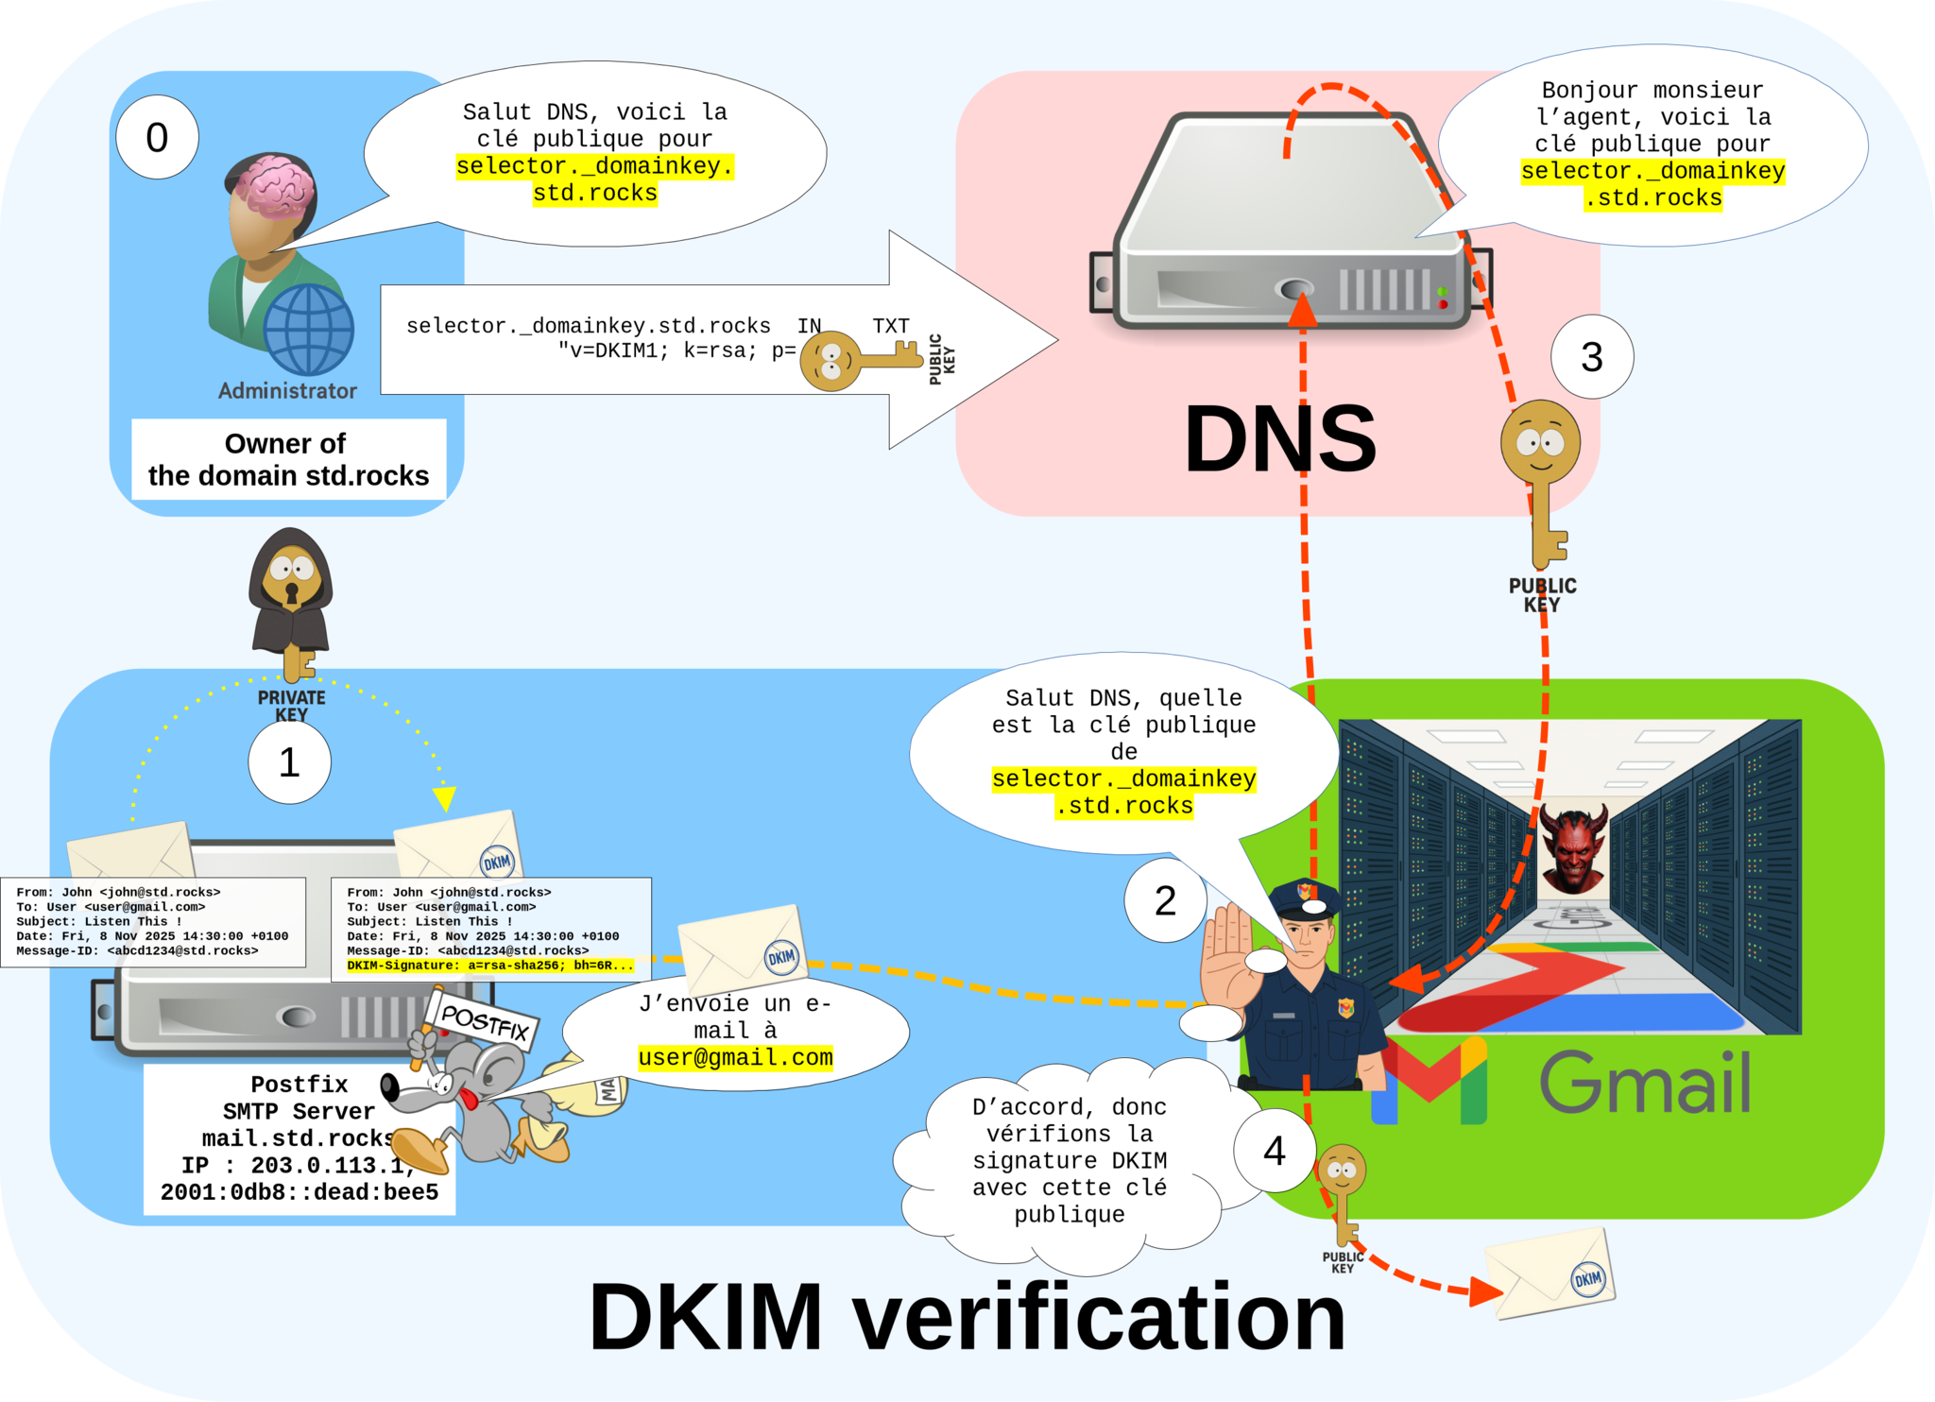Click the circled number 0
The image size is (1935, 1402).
coord(157,138)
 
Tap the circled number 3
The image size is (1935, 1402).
coord(1592,357)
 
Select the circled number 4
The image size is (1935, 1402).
coord(1275,1151)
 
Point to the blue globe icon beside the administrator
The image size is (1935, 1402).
coord(308,330)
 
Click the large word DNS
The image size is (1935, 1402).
coord(1279,439)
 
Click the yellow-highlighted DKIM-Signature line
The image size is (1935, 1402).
coord(489,966)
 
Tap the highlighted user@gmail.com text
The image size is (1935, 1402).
coord(735,1057)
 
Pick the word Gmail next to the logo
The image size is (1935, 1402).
coord(1645,1084)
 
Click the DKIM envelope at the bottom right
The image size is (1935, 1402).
coord(1550,1273)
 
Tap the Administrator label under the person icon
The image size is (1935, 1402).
coord(287,391)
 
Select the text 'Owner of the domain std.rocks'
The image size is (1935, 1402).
coord(288,459)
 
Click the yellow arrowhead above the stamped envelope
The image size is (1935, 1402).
coord(444,799)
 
